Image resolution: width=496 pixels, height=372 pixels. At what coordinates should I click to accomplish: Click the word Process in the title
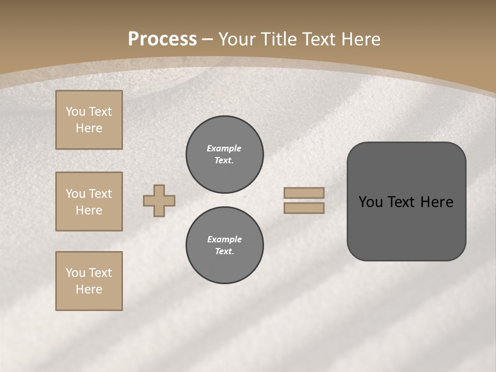[162, 39]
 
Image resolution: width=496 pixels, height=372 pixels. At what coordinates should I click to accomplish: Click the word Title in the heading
[280, 39]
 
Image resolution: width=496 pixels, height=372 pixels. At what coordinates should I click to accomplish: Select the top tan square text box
[89, 120]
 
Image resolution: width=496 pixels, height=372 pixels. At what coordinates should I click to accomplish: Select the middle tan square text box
[89, 202]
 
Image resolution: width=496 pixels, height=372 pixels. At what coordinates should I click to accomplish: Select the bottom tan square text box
[89, 281]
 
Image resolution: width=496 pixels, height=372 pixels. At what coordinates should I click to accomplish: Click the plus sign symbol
[159, 200]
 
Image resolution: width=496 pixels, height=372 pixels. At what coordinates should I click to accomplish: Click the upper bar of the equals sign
[304, 193]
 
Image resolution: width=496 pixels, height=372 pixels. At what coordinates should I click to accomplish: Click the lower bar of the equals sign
[304, 208]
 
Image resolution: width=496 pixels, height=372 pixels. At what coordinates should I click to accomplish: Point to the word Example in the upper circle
[224, 148]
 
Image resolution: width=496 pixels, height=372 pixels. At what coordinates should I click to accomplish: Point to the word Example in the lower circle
[224, 239]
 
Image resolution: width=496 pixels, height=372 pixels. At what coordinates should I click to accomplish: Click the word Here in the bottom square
[89, 289]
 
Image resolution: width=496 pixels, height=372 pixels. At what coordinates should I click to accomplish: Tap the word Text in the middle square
[100, 194]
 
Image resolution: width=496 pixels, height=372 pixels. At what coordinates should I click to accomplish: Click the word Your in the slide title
[237, 39]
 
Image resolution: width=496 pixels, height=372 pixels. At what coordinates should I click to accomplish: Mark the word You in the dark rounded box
[370, 202]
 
